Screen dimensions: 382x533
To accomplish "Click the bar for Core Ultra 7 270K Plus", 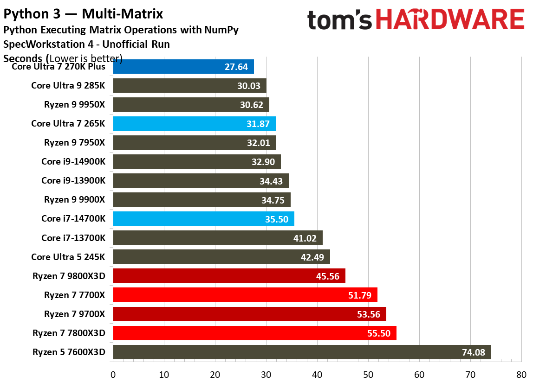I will pos(183,66).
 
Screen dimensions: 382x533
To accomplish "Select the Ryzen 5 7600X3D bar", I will pos(302,352).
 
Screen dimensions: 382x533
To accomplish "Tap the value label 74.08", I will pos(473,352).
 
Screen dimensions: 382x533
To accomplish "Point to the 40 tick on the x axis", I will pos(317,374).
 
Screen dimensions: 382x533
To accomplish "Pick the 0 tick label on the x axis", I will pos(113,374).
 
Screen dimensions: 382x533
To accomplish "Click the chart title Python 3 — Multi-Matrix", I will pos(84,13).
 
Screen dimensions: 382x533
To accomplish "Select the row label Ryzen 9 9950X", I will pos(75,104).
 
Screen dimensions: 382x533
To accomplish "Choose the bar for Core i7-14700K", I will pos(203,219).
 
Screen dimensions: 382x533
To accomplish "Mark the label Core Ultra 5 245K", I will pos(68,257).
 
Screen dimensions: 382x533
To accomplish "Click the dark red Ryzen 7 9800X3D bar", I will pos(229,276).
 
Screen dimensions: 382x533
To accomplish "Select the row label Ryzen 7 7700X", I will pos(75,295).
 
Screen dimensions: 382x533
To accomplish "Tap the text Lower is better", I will pos(85,58).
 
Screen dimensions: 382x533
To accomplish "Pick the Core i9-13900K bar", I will pos(201,181).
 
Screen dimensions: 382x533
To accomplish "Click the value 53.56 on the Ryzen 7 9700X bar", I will pos(369,314).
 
